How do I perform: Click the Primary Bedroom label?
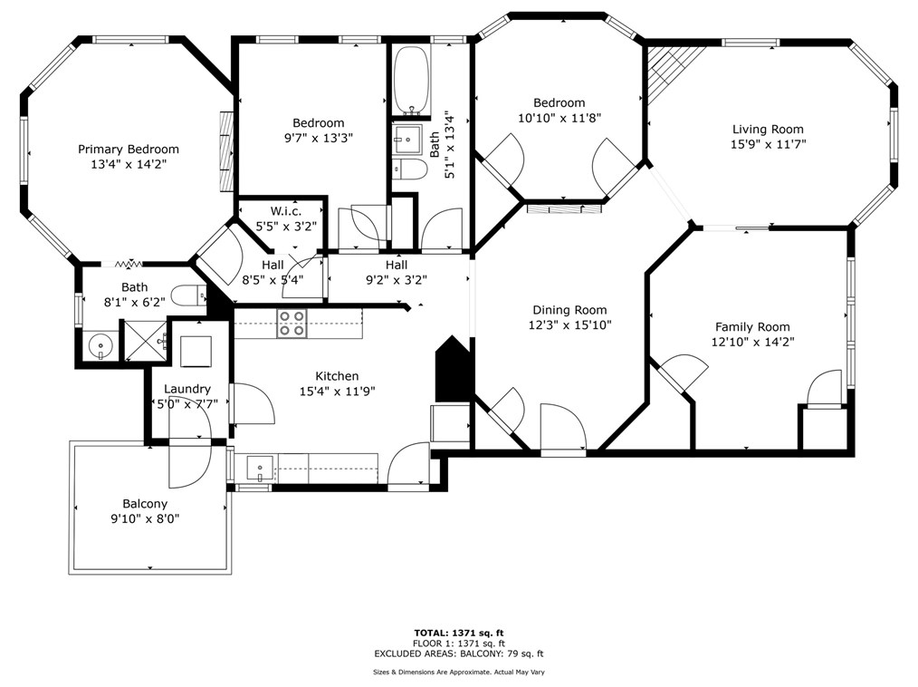pos(128,150)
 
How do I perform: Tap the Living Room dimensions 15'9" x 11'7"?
pos(768,144)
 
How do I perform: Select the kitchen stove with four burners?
pos(292,324)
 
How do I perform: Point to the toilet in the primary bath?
pos(191,295)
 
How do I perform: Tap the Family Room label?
pos(752,327)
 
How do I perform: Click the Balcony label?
pos(145,504)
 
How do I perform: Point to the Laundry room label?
pos(186,389)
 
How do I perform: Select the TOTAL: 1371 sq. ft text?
pos(458,633)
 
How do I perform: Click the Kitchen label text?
pos(337,376)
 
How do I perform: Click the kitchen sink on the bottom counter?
pos(260,469)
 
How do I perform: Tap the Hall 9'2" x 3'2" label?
pos(396,272)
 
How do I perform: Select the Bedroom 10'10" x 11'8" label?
pos(559,111)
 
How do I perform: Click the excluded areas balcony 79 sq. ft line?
pos(458,653)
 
